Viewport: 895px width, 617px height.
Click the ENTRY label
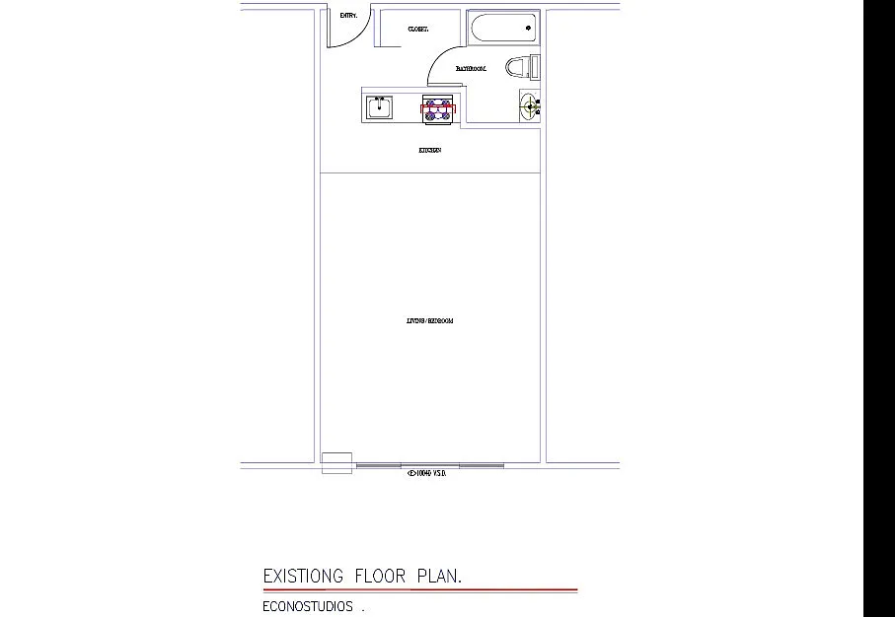click(348, 16)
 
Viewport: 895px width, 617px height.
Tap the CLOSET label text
click(417, 30)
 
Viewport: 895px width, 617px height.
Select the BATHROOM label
click(471, 69)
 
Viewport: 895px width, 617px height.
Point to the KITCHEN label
click(429, 151)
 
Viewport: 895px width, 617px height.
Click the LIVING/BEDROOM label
click(429, 321)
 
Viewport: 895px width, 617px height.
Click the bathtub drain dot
click(529, 28)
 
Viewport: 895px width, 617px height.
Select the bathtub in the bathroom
click(503, 28)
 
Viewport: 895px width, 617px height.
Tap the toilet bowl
click(517, 68)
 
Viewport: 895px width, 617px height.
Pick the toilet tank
click(535, 68)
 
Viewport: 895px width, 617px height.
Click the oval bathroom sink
click(530, 105)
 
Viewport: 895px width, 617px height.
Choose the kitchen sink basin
click(379, 106)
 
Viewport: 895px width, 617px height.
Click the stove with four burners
click(437, 108)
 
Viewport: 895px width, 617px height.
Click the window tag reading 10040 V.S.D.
click(427, 473)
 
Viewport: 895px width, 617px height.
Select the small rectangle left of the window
click(336, 462)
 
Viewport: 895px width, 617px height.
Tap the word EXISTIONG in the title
click(303, 576)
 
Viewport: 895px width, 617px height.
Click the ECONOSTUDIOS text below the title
click(308, 607)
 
